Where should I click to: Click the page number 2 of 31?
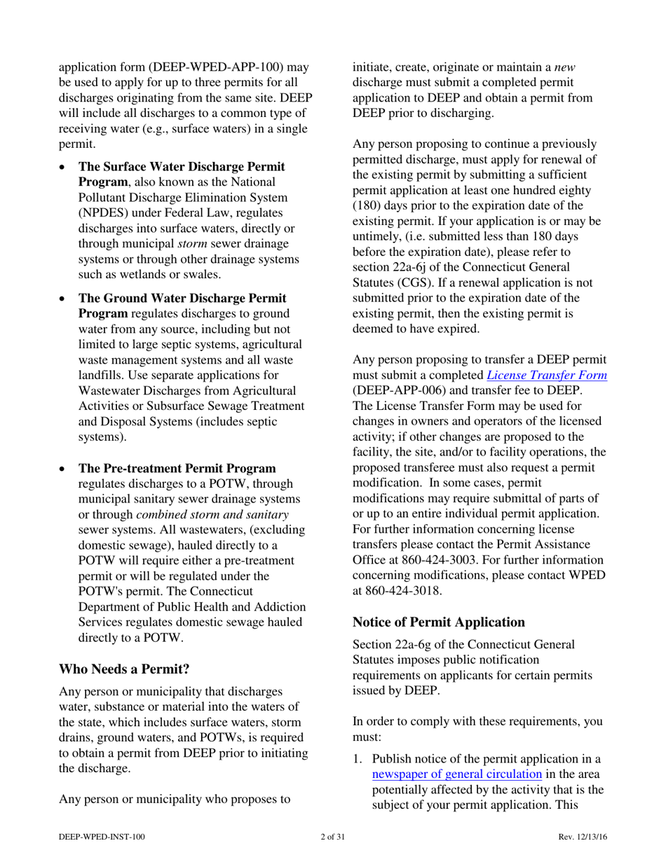332,836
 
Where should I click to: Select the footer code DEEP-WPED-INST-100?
102,836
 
